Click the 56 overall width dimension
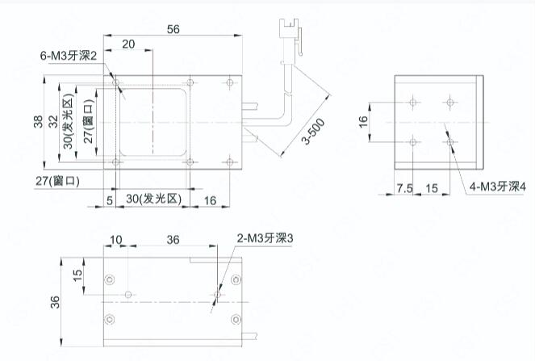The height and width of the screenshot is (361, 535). point(173,29)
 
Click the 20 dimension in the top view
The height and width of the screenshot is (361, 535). point(128,44)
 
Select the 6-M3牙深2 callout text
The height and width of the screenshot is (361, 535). point(69,56)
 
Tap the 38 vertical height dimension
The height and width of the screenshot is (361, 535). point(38,122)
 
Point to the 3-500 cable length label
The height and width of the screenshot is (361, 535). point(314,132)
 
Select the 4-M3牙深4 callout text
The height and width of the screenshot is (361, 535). point(497,187)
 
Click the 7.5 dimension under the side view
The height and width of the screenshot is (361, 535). point(404,188)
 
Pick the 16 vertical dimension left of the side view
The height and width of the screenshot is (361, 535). point(363,122)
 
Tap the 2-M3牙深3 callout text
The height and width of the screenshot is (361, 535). point(265,238)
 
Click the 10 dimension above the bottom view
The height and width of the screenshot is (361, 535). point(116,240)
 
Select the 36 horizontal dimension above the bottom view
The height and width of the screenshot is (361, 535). point(173,240)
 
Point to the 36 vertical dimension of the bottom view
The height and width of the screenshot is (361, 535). point(55,302)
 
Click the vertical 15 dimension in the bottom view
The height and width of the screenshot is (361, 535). point(77,275)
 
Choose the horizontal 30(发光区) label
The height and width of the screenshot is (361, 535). point(153,199)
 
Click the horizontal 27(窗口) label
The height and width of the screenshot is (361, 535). point(57,181)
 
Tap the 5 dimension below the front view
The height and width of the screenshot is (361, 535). point(110,200)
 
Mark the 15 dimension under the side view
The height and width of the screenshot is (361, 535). point(432,188)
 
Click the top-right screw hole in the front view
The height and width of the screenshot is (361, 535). point(230,82)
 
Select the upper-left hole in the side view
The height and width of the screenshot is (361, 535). point(413,102)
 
